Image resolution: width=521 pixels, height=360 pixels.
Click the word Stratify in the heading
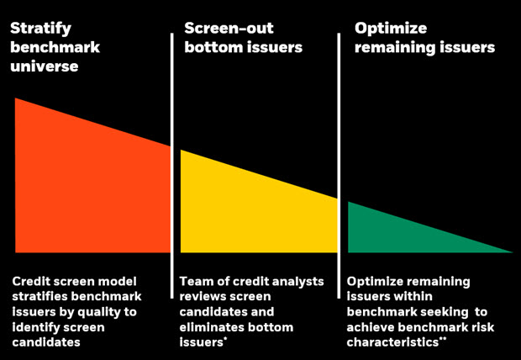pyautogui.click(x=40, y=29)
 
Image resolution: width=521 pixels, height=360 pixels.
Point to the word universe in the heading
pyautogui.click(x=45, y=66)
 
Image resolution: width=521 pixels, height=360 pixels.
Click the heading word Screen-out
pyautogui.click(x=229, y=28)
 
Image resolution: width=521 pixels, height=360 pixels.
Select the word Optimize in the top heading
pyautogui.click(x=391, y=29)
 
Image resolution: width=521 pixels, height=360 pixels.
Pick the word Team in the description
pyautogui.click(x=195, y=282)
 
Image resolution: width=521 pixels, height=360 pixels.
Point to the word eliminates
pyautogui.click(x=211, y=327)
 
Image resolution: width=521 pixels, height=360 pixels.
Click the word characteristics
pyautogui.click(x=392, y=342)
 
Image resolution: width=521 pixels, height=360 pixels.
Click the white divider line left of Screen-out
pyautogui.click(x=172, y=166)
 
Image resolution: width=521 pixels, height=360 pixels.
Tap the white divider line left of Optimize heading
pyautogui.click(x=339, y=166)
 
